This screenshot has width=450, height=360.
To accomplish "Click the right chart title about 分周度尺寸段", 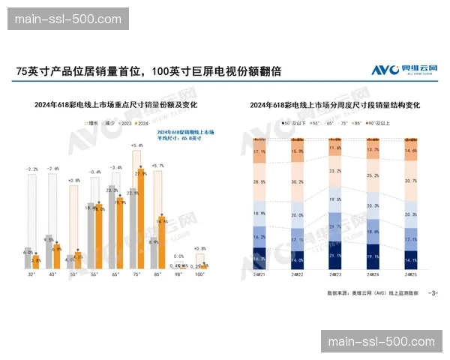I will pos(335,105).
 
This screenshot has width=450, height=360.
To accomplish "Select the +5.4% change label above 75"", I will pos(136,145).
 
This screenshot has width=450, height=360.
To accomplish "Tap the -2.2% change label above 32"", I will pos(31,169).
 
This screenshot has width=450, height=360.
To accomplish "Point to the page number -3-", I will pos(432,292).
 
